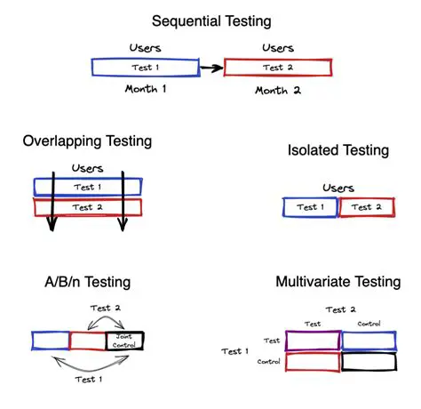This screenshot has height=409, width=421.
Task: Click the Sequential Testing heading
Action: coord(210,20)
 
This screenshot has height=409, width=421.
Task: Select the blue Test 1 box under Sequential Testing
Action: coord(144,68)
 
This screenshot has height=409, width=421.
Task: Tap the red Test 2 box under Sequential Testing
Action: coord(277,68)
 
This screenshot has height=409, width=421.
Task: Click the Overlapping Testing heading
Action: coord(87,140)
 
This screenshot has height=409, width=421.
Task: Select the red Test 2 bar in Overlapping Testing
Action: coord(87,207)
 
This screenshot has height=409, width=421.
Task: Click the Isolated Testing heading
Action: coord(338,150)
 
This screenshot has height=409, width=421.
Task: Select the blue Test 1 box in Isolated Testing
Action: coord(310,207)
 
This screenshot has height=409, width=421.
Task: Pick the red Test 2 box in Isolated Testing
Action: coord(366,207)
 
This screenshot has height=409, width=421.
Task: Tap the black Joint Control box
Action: coord(123,340)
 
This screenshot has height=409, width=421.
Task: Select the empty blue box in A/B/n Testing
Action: coord(50,340)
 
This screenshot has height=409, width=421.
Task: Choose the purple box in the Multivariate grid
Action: coord(313,340)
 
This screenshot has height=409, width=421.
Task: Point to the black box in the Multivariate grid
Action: coord(369,362)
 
